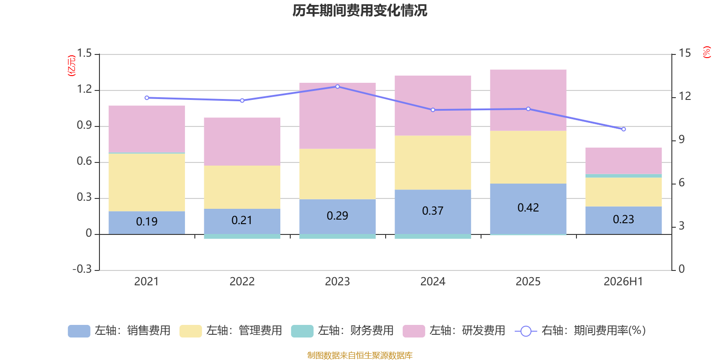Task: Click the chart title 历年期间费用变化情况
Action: click(x=360, y=11)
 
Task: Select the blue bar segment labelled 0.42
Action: click(x=528, y=209)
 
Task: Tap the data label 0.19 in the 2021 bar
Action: click(x=147, y=221)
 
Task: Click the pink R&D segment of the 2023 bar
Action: click(x=337, y=116)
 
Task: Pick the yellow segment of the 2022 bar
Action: click(x=242, y=187)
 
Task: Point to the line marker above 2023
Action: click(x=337, y=86)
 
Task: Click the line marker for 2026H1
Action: click(x=624, y=129)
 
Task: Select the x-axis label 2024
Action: click(x=432, y=282)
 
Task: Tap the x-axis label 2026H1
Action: click(x=623, y=282)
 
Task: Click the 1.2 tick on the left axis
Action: click(x=85, y=89)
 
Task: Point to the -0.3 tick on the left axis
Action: click(x=82, y=269)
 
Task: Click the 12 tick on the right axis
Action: click(x=684, y=96)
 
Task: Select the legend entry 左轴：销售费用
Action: click(x=119, y=331)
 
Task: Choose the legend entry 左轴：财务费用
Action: click(x=342, y=331)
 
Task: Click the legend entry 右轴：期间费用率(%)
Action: click(x=580, y=331)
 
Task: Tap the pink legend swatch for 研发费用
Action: click(x=414, y=331)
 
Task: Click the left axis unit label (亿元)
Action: click(x=72, y=66)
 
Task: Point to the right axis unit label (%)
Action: click(x=706, y=52)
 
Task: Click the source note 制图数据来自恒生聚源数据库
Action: click(x=360, y=355)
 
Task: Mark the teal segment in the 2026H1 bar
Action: click(x=624, y=176)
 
